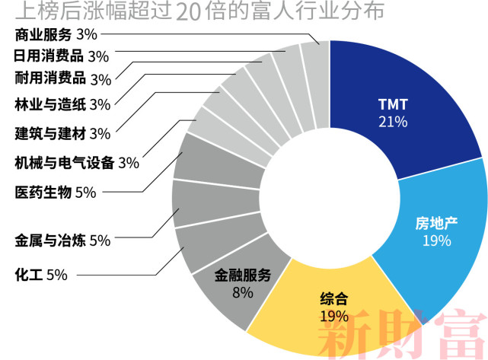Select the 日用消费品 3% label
[x=62, y=56]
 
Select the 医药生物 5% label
[x=56, y=192]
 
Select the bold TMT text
[x=393, y=104]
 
